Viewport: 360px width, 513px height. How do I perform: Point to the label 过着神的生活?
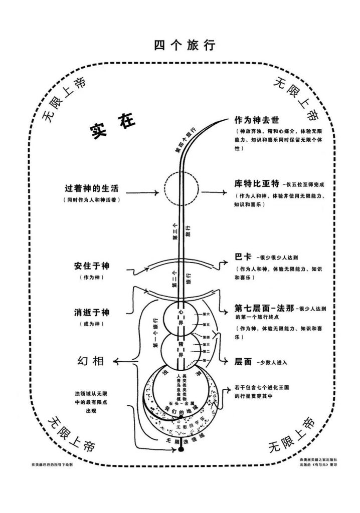(x=91, y=189)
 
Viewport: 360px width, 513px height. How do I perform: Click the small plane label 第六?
(x=205, y=314)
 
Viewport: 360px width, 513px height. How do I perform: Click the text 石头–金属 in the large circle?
(x=179, y=402)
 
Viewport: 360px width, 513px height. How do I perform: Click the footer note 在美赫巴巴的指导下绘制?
(x=52, y=465)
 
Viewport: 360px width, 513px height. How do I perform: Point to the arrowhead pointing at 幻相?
(x=116, y=361)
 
